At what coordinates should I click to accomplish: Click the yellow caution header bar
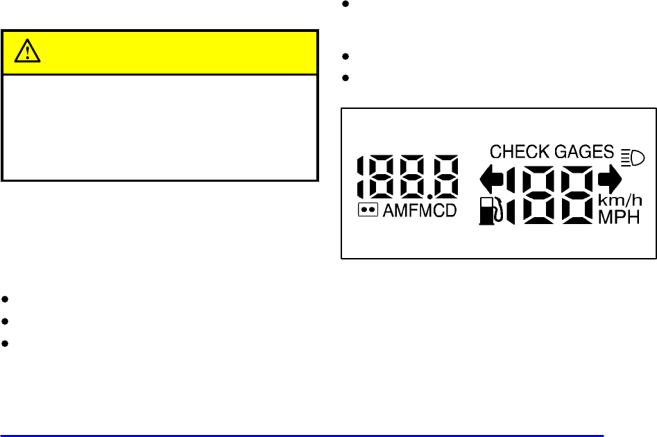pyautogui.click(x=160, y=52)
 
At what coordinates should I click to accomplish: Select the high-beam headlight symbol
pyautogui.click(x=633, y=156)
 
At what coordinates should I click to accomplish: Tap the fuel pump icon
pyautogui.click(x=488, y=211)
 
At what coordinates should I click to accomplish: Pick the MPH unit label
pyautogui.click(x=619, y=218)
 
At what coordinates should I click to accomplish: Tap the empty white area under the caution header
pyautogui.click(x=160, y=127)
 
